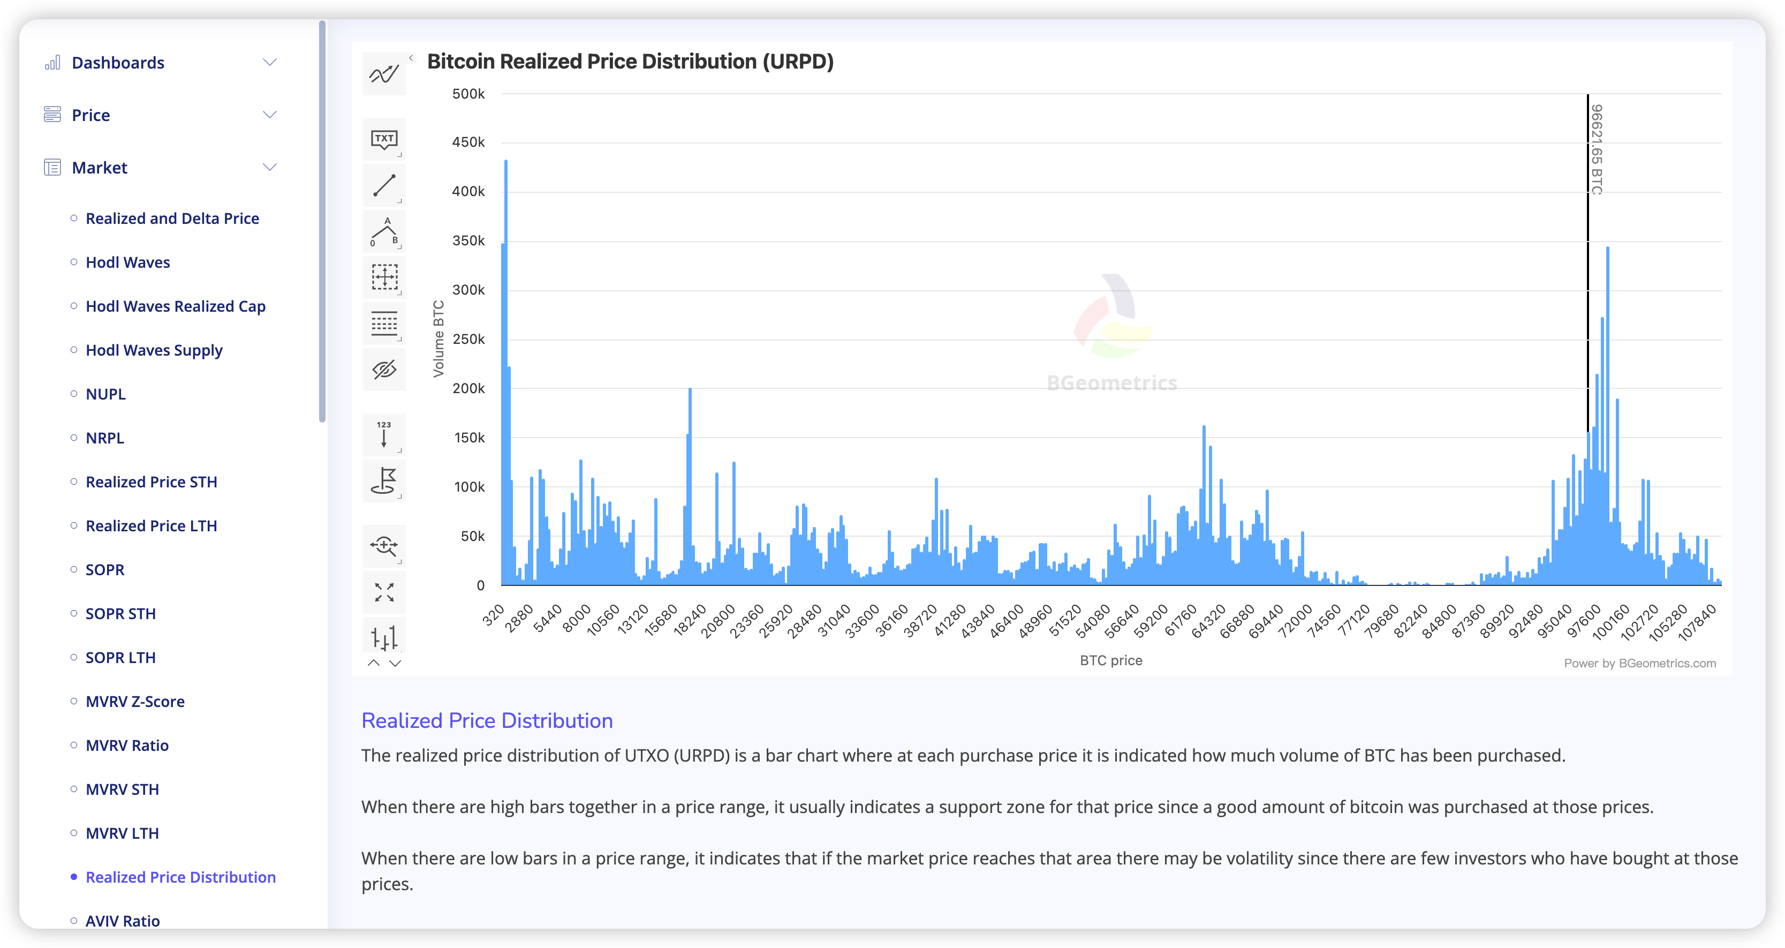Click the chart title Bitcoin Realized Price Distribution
click(630, 62)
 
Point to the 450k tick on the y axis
click(468, 142)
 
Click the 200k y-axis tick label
click(468, 389)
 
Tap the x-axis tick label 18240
click(690, 619)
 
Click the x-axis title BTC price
click(1111, 660)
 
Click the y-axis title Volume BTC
click(438, 339)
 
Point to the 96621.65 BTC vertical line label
click(1597, 149)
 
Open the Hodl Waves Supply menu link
click(154, 351)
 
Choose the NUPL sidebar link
click(105, 394)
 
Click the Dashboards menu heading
click(118, 63)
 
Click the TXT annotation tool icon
click(384, 139)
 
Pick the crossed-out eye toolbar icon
click(384, 370)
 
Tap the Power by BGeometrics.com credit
click(1639, 663)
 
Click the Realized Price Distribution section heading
click(487, 721)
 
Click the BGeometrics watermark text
click(1111, 383)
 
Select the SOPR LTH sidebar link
click(120, 658)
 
